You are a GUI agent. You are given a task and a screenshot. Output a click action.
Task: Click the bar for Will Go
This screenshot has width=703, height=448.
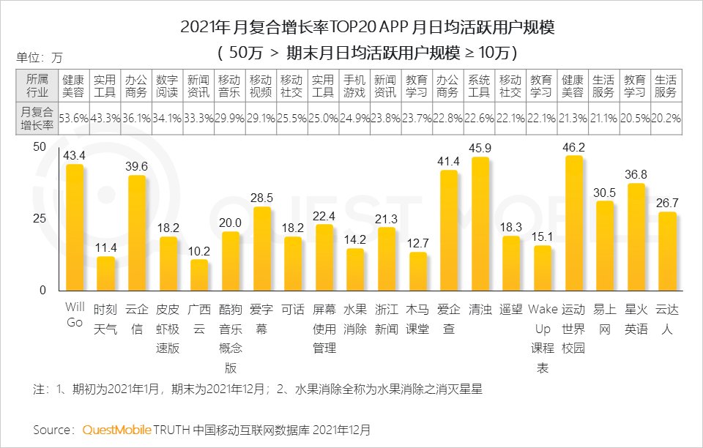(75, 228)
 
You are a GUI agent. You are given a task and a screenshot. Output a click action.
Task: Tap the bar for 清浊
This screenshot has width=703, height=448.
(480, 224)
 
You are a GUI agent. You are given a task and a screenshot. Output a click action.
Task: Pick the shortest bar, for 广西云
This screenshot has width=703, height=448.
(199, 275)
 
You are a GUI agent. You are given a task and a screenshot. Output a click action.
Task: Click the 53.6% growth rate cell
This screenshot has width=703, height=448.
(74, 118)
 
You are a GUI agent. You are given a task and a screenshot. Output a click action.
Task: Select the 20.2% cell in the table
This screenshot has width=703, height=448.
(666, 118)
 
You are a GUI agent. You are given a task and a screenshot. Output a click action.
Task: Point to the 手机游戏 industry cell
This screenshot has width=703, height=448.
(355, 86)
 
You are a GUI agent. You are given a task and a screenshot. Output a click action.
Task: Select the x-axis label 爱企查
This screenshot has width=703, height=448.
(448, 319)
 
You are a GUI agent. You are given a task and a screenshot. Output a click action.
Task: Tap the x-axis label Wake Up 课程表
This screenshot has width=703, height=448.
(542, 338)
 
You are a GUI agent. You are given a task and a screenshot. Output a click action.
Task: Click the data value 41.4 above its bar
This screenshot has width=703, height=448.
(448, 160)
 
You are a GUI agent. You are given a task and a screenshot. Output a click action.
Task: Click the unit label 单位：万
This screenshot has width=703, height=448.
(40, 57)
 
